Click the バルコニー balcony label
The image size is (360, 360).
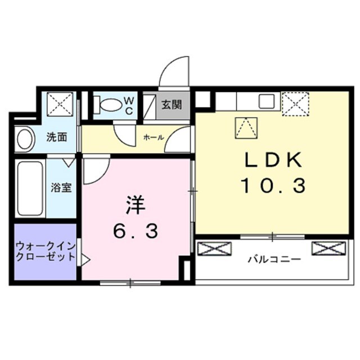[274, 260]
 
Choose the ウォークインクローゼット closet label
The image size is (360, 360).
[45, 251]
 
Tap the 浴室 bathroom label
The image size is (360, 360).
[61, 188]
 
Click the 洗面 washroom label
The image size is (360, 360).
[57, 137]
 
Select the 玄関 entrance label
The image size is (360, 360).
[172, 105]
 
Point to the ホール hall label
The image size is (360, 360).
[153, 137]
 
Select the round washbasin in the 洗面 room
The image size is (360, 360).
[25, 139]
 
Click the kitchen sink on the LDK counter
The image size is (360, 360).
[265, 102]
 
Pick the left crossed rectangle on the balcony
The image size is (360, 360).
[214, 247]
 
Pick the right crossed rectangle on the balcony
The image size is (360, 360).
[328, 247]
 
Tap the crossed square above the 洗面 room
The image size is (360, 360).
[59, 104]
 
